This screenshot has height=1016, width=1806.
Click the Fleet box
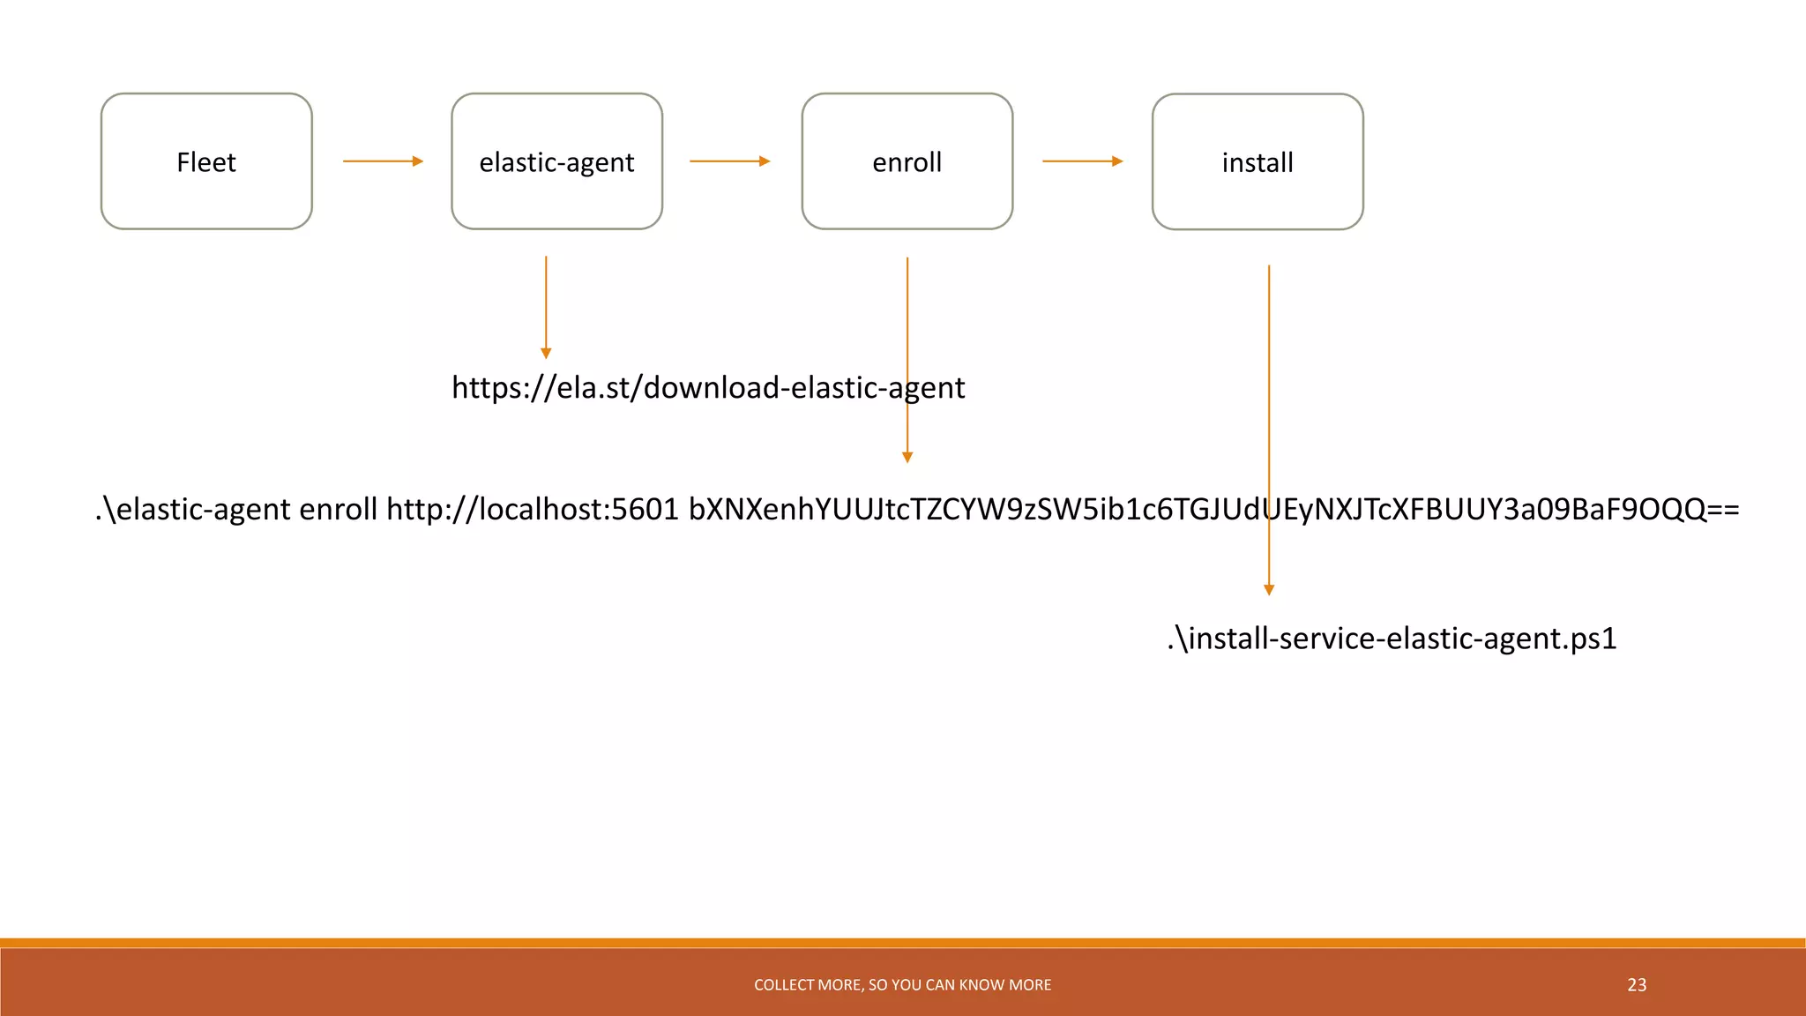[206, 161]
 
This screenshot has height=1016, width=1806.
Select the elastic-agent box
[556, 161]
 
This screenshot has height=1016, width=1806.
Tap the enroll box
[907, 161]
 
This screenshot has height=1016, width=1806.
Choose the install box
[1257, 161]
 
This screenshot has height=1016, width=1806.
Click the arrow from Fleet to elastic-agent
[383, 161]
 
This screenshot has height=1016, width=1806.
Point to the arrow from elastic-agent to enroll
[729, 161]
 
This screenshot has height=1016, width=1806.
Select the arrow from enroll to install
[1082, 161]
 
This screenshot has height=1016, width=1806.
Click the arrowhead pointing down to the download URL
[546, 353]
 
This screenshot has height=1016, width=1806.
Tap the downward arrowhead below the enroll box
[907, 457]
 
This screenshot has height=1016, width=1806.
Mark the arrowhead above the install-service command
[1269, 590]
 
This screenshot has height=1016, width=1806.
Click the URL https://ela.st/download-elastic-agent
[708, 388]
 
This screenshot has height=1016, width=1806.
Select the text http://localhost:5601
[533, 510]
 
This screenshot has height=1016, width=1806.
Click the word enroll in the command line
[338, 510]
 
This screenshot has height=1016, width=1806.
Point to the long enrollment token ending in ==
[1213, 510]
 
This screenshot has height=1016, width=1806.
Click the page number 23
[1637, 985]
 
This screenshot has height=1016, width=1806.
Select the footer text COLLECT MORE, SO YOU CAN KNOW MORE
[902, 985]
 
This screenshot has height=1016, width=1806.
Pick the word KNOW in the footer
[976, 985]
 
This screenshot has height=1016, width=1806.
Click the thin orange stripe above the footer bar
[903, 943]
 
